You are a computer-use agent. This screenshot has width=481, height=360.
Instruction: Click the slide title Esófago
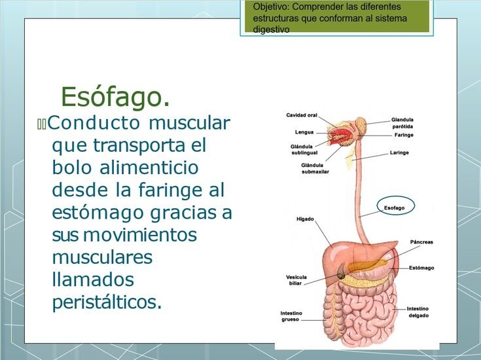[115, 97]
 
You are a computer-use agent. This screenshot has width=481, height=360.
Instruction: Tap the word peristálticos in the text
[107, 302]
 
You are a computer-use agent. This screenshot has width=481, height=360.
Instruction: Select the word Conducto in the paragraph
[94, 123]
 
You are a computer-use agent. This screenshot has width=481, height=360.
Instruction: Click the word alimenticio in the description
[149, 168]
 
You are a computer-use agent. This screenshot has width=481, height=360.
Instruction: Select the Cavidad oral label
[302, 115]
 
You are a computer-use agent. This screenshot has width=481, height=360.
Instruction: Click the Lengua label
[304, 132]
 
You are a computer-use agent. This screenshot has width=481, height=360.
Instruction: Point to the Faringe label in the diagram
[404, 135]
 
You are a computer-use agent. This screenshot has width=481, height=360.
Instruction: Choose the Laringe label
[399, 153]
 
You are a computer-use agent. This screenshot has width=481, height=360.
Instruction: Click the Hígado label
[305, 219]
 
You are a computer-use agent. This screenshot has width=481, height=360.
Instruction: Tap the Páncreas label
[421, 242]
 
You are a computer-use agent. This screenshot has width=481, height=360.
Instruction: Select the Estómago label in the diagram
[421, 268]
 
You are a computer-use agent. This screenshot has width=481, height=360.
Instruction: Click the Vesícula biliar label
[296, 280]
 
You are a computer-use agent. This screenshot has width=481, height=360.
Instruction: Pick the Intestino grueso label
[291, 316]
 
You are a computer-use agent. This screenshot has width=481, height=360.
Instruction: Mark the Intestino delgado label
[418, 312]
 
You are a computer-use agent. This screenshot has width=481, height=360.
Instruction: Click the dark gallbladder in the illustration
[341, 272]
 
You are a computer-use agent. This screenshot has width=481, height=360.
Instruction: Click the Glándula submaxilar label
[315, 168]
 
